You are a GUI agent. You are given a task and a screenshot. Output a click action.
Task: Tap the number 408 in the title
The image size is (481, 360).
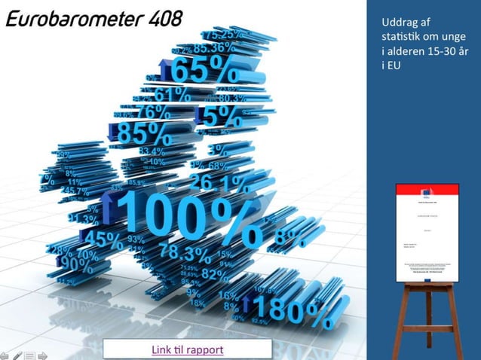point(160,19)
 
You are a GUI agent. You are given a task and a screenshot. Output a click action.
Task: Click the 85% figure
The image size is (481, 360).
point(143,133)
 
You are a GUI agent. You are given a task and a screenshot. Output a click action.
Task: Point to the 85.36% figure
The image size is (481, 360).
point(214,48)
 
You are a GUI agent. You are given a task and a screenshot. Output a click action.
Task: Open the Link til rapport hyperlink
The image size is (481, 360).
point(187,349)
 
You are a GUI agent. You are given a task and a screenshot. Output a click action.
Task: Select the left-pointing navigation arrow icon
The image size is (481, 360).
point(5,354)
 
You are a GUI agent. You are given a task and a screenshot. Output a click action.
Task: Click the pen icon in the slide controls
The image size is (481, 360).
point(17,354)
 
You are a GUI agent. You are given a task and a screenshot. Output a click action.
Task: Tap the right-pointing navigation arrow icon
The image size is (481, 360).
point(42,354)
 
